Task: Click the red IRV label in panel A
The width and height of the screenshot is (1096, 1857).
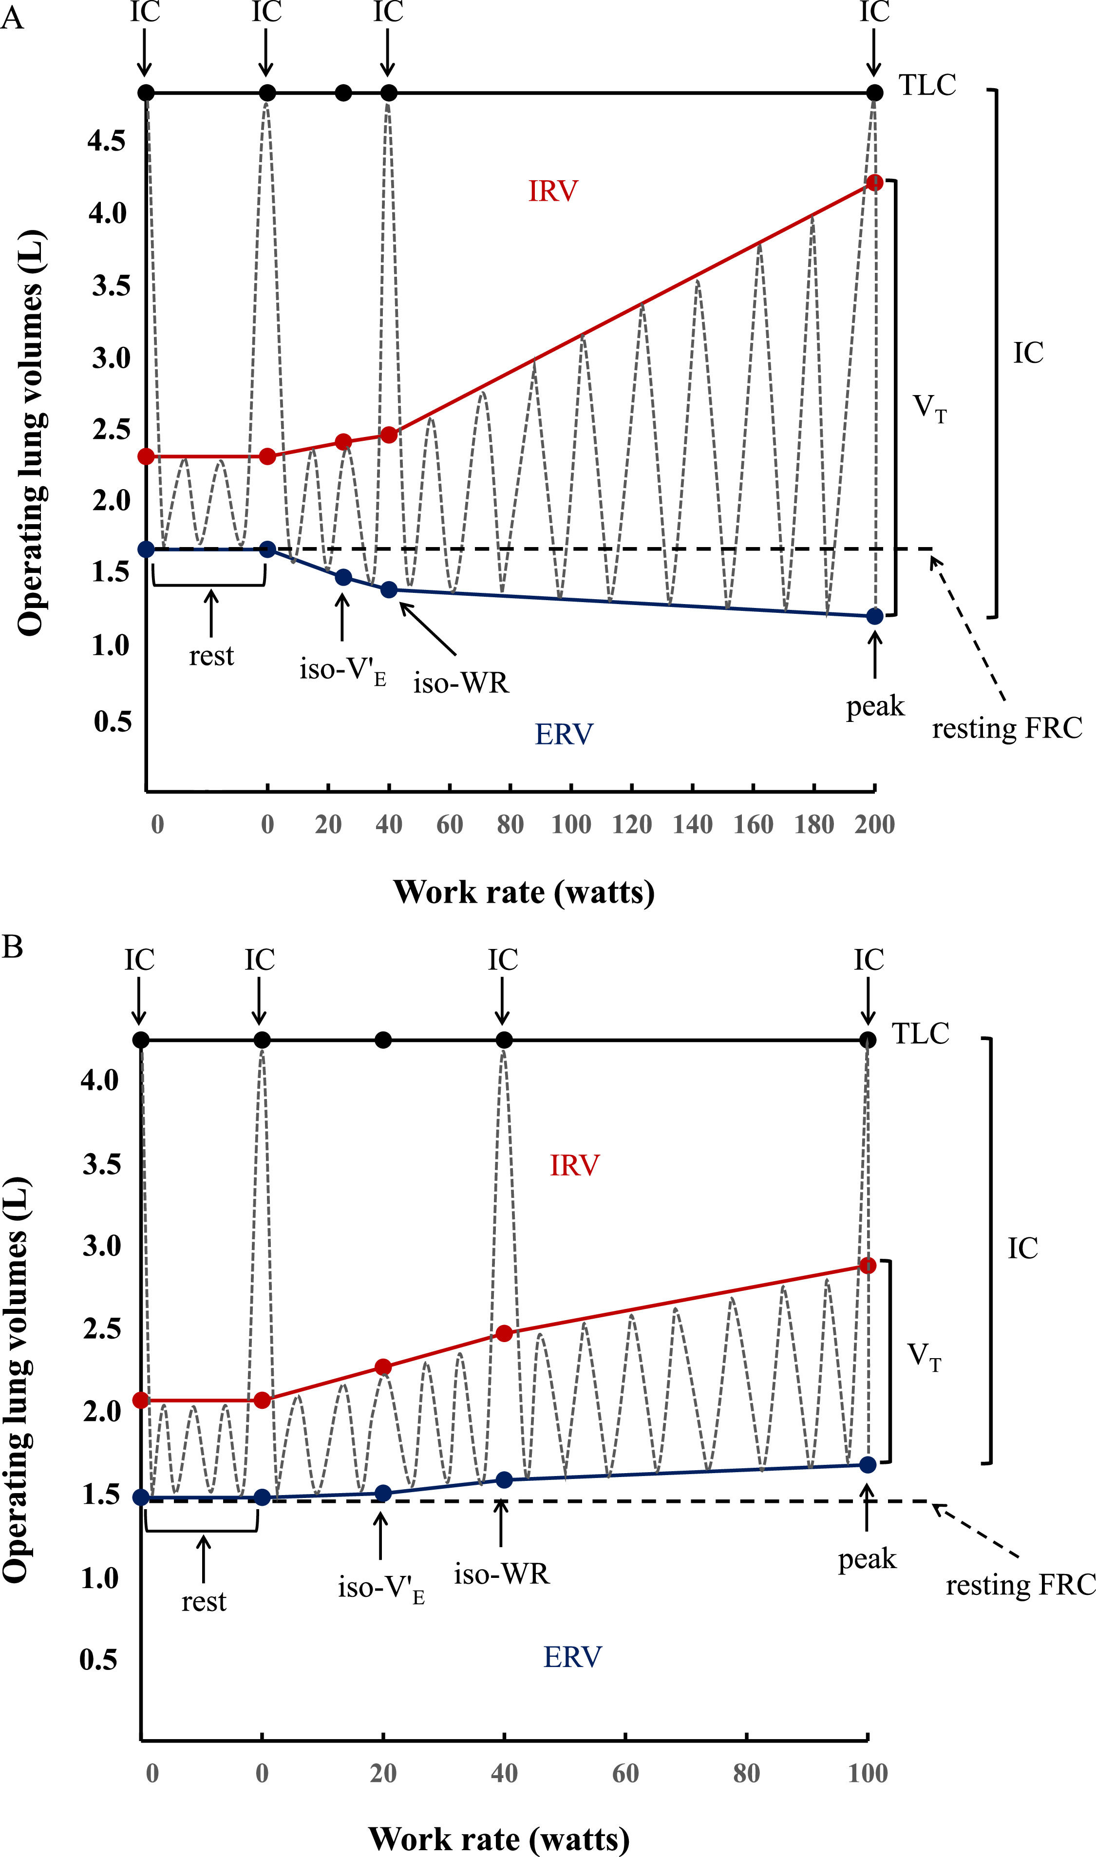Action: point(552,191)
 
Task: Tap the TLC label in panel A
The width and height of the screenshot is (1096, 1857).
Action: point(927,86)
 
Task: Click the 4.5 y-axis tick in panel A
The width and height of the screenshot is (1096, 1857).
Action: point(108,140)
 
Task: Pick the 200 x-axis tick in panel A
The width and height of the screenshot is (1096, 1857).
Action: point(874,824)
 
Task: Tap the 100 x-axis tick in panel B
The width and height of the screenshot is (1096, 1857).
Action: point(868,1773)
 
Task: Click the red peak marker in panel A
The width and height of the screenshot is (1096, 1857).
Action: point(874,182)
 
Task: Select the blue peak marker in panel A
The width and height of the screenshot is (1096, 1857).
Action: point(874,616)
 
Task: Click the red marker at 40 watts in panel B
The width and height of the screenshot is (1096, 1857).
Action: point(504,1333)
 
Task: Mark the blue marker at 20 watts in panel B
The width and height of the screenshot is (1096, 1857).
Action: point(382,1493)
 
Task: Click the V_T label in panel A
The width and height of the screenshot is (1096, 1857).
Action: point(929,408)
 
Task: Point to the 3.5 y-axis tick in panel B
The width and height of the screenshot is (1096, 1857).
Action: point(101,1164)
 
